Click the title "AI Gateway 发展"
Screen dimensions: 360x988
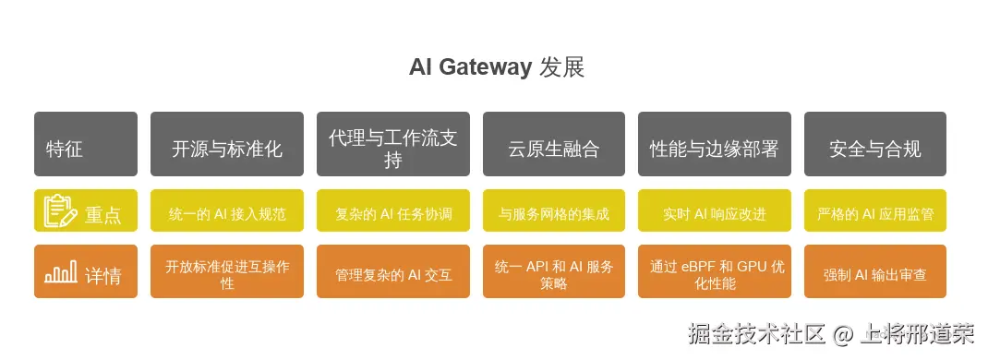[x=497, y=67]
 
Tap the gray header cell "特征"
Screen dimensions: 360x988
[x=85, y=144]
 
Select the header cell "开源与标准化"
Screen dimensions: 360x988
[x=227, y=144]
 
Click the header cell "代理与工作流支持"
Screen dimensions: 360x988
[x=393, y=144]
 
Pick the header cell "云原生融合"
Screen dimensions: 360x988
[x=554, y=144]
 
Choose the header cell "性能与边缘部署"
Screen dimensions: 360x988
[x=715, y=144]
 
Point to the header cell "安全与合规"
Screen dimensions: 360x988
[x=875, y=144]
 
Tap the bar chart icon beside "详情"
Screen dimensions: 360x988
[x=60, y=272]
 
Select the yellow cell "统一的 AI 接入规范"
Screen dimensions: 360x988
[x=227, y=211]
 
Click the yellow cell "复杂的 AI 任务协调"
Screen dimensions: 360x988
[x=393, y=211]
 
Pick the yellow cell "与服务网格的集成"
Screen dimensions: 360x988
[x=554, y=211]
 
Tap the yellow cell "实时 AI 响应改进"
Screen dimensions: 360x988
[x=715, y=211]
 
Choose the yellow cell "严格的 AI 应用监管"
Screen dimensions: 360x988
[x=875, y=211]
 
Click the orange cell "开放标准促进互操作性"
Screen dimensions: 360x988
[x=227, y=272]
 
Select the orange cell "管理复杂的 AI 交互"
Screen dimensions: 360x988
[x=393, y=272]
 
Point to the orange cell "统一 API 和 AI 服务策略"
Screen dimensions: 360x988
[x=554, y=272]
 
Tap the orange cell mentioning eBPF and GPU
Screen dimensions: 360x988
[x=715, y=272]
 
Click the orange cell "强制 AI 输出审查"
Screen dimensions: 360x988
[x=875, y=272]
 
